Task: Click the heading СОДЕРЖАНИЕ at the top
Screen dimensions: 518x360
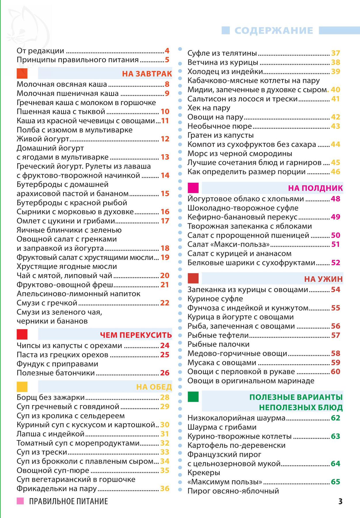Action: [x=274, y=31]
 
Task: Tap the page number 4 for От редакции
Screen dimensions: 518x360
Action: [x=167, y=51]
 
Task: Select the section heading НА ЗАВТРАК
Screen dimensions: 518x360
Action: [x=147, y=74]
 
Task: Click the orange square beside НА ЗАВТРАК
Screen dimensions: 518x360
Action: [x=22, y=73]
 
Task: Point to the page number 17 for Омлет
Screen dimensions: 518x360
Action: [x=165, y=221]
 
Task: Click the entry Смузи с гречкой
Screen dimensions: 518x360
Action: [x=47, y=303]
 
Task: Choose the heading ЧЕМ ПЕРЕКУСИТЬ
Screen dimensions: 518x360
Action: [x=136, y=335]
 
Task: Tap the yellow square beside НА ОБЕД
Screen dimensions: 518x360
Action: [x=22, y=387]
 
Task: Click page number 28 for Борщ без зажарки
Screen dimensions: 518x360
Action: [x=165, y=397]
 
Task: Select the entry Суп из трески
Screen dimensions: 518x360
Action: [x=42, y=452]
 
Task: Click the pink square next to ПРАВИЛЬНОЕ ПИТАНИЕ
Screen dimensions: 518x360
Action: [x=20, y=501]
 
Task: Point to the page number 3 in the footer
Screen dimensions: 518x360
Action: [x=340, y=501]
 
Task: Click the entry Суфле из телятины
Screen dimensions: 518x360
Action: [x=222, y=53]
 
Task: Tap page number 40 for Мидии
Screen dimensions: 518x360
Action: [x=336, y=90]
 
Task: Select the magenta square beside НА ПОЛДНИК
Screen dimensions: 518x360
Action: [x=193, y=188]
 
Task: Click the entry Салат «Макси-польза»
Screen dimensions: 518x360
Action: [x=229, y=244]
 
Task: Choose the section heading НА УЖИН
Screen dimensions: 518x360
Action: [x=323, y=279]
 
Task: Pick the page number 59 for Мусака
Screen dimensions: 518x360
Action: [x=336, y=363]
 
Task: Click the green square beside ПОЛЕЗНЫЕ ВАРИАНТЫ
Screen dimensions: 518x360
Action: [x=193, y=397]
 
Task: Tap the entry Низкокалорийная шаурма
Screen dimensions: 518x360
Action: [x=236, y=418]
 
